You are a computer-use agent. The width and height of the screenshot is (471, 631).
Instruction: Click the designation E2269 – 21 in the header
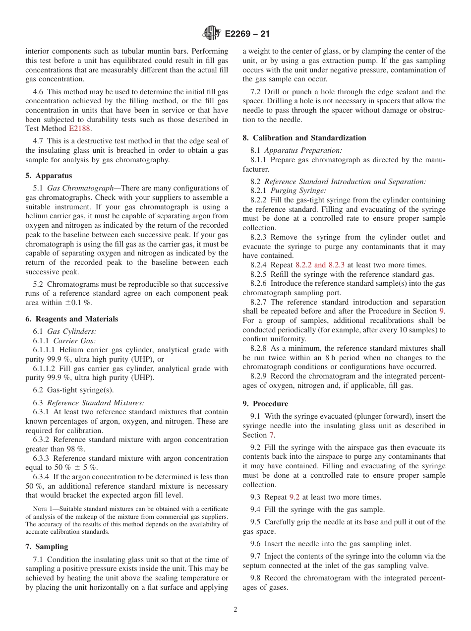click(247, 34)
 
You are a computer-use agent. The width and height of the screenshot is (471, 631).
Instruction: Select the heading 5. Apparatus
click(49, 176)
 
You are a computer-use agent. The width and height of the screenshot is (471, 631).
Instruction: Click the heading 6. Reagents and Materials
click(72, 319)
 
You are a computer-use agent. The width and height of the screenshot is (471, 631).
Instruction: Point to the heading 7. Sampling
click(47, 547)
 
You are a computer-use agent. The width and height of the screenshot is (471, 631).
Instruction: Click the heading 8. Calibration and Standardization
click(304, 138)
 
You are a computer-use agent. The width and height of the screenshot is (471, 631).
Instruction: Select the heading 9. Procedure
click(265, 404)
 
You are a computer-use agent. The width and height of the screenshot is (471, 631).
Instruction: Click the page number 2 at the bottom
click(235, 610)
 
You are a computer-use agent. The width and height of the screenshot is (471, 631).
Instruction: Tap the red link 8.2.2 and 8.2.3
click(320, 265)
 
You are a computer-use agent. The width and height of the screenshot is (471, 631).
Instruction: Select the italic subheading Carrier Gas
click(74, 340)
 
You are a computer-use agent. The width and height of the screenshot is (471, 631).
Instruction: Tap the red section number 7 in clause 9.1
click(271, 435)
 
